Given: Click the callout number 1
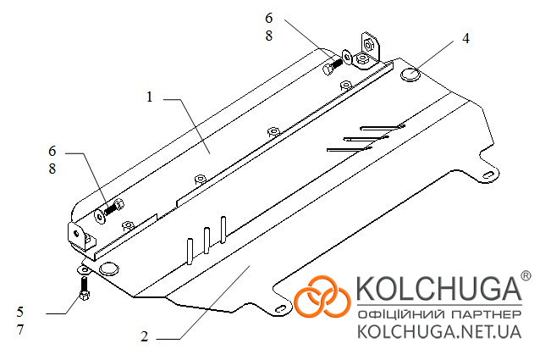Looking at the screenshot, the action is (x=149, y=97).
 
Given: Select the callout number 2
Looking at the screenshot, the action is (x=144, y=336).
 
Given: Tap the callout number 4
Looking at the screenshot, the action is (x=466, y=38).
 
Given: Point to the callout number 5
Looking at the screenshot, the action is (x=20, y=312).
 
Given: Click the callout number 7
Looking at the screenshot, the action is (x=20, y=330).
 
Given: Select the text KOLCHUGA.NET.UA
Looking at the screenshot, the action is (x=439, y=332).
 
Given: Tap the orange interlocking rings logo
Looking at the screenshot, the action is (x=322, y=296).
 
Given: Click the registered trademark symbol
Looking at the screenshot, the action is (x=526, y=275).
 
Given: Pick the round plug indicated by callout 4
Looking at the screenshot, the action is (x=411, y=75).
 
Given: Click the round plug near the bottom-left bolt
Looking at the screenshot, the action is (x=109, y=269).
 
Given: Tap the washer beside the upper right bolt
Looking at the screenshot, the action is (x=346, y=57).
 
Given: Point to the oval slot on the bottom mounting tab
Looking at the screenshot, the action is (x=281, y=308).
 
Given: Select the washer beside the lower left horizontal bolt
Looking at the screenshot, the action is (x=100, y=216).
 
